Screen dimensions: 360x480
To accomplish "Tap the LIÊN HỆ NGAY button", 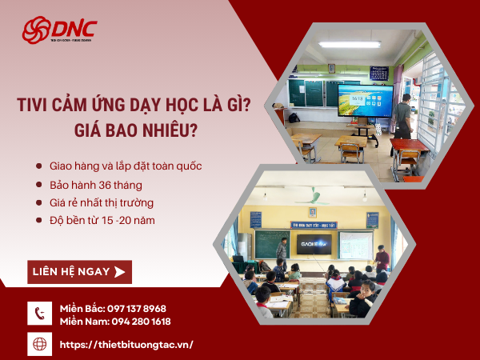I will pos(79,272).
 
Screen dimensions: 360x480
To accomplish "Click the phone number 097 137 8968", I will pos(136,308).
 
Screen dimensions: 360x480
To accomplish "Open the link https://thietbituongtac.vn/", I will pos(126,345).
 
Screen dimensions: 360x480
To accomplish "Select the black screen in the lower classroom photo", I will pos(316,243).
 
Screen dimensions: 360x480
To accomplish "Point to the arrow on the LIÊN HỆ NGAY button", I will pos(120,272).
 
